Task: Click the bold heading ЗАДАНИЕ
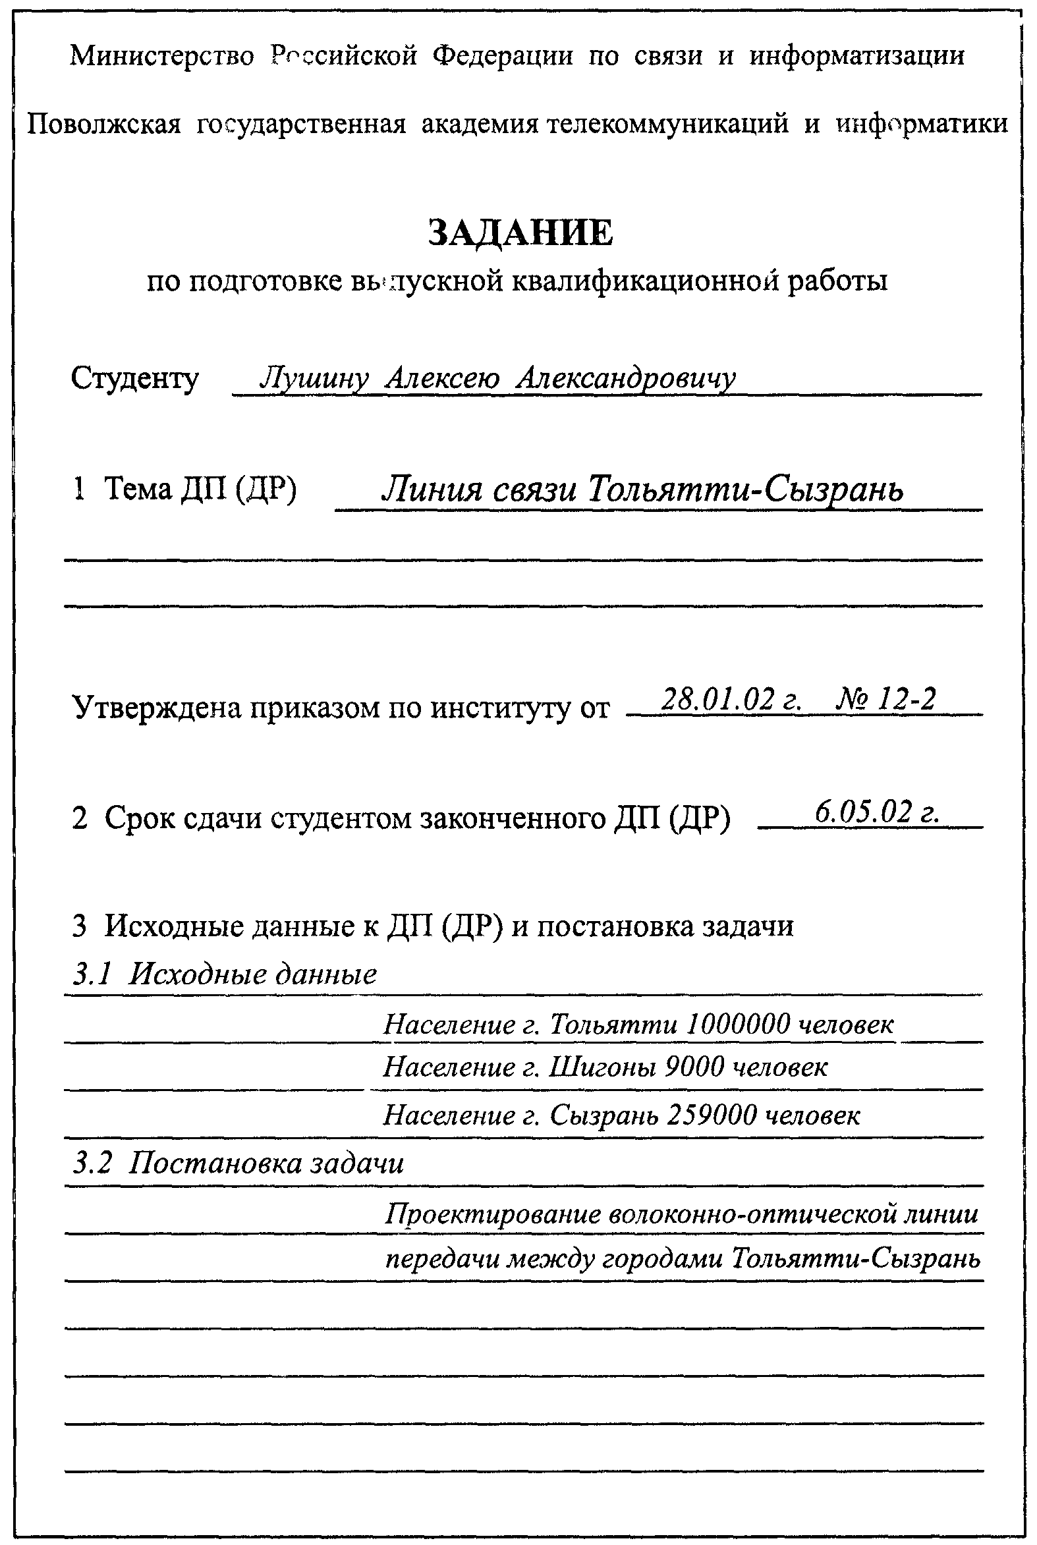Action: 520,233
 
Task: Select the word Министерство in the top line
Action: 162,55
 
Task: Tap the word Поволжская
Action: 104,124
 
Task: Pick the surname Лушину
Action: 314,379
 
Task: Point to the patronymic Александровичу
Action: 626,379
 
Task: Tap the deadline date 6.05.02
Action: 866,812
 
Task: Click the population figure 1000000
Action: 738,1025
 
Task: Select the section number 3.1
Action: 92,974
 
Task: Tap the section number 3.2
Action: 92,1163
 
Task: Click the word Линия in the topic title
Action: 434,490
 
